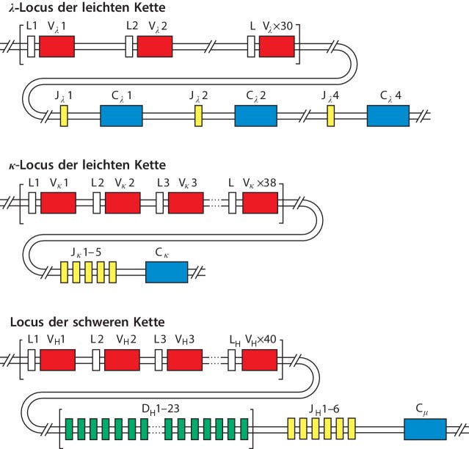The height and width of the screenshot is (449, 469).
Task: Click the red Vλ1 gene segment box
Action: click(x=57, y=47)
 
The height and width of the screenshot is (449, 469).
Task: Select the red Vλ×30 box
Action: click(x=277, y=47)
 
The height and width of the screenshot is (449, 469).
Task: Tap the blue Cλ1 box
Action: click(x=121, y=116)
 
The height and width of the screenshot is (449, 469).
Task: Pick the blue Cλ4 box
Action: click(x=388, y=116)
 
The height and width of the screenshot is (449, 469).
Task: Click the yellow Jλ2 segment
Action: click(x=198, y=116)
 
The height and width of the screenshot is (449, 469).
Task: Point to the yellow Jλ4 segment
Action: click(x=331, y=116)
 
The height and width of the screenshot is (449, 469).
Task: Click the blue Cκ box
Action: click(x=167, y=271)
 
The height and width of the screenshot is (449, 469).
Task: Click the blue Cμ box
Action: click(x=425, y=428)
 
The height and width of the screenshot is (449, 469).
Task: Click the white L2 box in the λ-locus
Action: click(x=129, y=47)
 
